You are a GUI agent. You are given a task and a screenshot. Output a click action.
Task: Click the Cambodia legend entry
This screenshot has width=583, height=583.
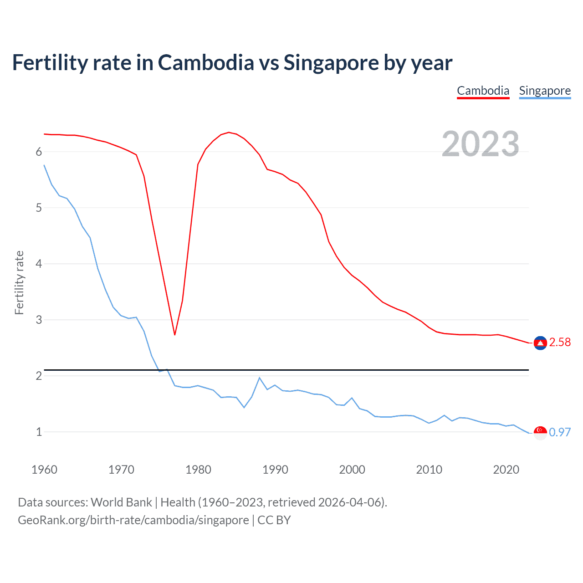click(483, 91)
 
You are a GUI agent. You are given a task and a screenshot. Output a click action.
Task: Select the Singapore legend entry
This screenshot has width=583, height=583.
click(545, 91)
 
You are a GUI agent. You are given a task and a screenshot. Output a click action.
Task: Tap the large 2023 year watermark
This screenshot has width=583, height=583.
click(480, 144)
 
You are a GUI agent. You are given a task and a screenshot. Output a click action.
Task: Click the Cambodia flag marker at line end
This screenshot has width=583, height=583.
click(540, 343)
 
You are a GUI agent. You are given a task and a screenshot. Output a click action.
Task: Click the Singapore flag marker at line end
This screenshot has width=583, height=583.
click(540, 433)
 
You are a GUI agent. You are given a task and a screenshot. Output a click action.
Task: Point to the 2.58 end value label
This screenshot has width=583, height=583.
click(560, 343)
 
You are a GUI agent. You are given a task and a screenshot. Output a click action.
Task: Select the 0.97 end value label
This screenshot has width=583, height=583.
click(560, 432)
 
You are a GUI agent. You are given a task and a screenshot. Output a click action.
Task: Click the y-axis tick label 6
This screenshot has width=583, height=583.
click(39, 152)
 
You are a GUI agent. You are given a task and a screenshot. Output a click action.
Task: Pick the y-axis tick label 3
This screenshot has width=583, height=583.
click(39, 320)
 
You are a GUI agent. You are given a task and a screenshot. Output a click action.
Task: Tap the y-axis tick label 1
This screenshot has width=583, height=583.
click(39, 432)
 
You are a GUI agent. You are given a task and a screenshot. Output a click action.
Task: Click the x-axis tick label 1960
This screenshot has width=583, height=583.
click(44, 470)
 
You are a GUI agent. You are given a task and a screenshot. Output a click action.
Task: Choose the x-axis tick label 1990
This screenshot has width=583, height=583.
click(275, 470)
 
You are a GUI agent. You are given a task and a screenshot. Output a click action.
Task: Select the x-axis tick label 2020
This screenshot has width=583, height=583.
click(506, 470)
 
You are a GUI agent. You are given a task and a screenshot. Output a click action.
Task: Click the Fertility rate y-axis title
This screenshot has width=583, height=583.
click(19, 282)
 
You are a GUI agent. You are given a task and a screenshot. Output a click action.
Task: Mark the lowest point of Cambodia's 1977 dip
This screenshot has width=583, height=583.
click(174, 335)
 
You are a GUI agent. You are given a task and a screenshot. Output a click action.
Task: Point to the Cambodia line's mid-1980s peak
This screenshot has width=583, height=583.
click(229, 133)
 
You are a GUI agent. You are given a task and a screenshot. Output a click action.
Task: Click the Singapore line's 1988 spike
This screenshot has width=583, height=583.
click(259, 378)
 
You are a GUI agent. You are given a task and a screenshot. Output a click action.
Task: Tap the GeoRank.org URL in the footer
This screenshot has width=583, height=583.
click(133, 520)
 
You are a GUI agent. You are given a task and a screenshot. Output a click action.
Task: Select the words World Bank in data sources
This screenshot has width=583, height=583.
click(121, 502)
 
